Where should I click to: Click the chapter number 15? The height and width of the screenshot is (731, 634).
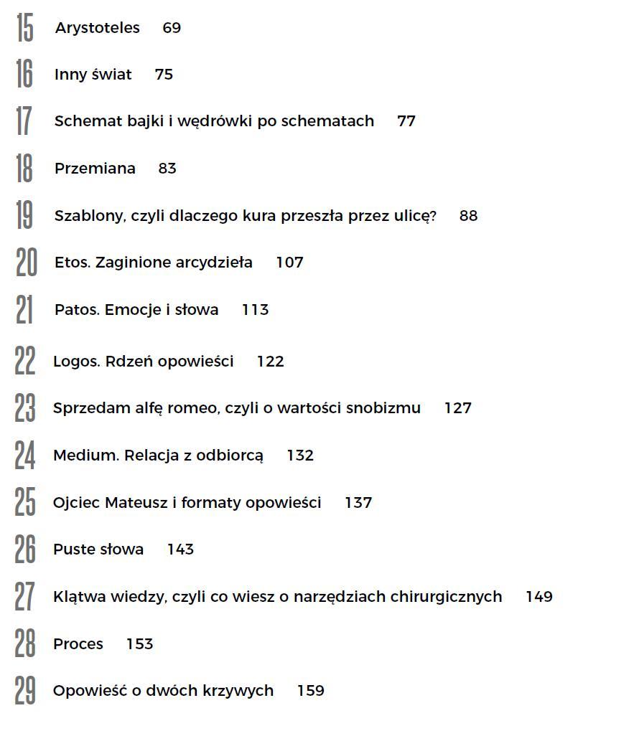[24, 28]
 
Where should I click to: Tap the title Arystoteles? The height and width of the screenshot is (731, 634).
[97, 28]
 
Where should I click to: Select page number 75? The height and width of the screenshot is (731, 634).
[164, 75]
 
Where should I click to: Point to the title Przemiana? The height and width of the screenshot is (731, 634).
[95, 169]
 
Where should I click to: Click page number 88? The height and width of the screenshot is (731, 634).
[468, 216]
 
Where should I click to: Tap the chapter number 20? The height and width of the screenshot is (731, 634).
[26, 263]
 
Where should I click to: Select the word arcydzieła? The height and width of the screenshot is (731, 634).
[215, 263]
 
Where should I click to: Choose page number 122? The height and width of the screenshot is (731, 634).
[270, 362]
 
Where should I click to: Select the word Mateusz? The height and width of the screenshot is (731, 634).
[136, 503]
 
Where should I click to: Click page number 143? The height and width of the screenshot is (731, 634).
[180, 550]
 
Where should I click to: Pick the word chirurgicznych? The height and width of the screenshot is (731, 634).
[445, 597]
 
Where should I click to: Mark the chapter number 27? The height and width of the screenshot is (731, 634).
[25, 597]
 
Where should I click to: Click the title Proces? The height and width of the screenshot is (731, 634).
[78, 644]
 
